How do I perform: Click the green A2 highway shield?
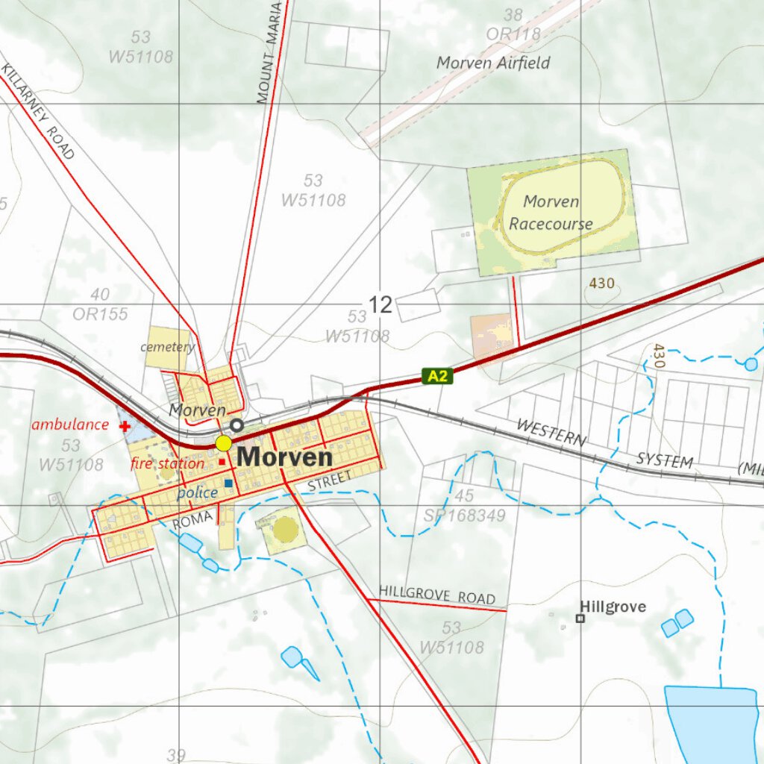tap(437, 376)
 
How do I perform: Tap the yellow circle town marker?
tap(223, 443)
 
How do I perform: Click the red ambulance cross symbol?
tap(125, 426)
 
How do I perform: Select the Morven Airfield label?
tap(493, 63)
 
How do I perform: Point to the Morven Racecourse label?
tap(551, 213)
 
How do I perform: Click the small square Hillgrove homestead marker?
tap(580, 618)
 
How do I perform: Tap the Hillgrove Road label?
tap(436, 595)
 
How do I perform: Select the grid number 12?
tap(380, 304)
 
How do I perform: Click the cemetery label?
tap(167, 347)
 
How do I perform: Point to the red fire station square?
tap(222, 463)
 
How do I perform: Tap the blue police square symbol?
tap(228, 483)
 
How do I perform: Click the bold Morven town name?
tap(284, 457)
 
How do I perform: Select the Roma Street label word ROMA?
tap(187, 522)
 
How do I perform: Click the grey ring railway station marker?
tap(237, 425)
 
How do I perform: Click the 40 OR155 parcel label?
tap(100, 304)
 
